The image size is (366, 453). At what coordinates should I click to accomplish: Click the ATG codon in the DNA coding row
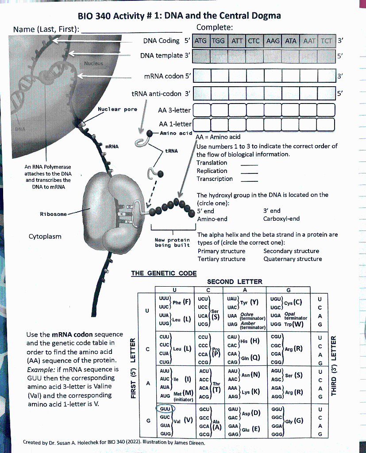tap(201, 41)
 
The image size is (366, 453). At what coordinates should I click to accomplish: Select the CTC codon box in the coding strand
tap(254, 41)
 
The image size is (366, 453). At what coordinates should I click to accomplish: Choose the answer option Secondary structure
tap(291, 251)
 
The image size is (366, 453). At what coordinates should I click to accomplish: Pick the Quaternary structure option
tap(293, 259)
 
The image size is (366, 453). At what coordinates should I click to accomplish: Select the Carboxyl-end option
tap(281, 219)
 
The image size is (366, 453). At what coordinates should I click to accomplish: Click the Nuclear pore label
tap(117, 109)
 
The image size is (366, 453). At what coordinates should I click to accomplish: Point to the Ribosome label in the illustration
tap(53, 214)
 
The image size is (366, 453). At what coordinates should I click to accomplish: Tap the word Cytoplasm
tap(45, 236)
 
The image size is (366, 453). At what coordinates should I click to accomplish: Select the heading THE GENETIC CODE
tap(164, 273)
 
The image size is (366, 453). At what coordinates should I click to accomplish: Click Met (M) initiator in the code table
tap(182, 394)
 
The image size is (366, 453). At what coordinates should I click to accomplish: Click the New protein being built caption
tap(172, 242)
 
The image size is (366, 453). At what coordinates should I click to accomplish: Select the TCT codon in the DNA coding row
tap(326, 41)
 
